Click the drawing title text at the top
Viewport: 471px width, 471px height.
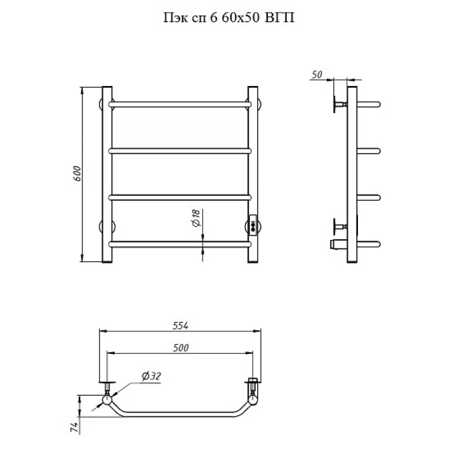click(229, 18)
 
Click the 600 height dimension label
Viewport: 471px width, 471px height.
click(77, 174)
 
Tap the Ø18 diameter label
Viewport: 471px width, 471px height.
click(195, 218)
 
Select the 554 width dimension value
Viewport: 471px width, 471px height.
click(180, 326)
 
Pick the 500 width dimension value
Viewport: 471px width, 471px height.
click(181, 348)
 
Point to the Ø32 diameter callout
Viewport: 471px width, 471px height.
click(151, 376)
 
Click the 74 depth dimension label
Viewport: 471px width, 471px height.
click(75, 427)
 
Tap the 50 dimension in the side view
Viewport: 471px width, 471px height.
click(317, 75)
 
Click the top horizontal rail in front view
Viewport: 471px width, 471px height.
click(180, 105)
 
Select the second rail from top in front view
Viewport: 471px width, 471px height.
click(180, 151)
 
